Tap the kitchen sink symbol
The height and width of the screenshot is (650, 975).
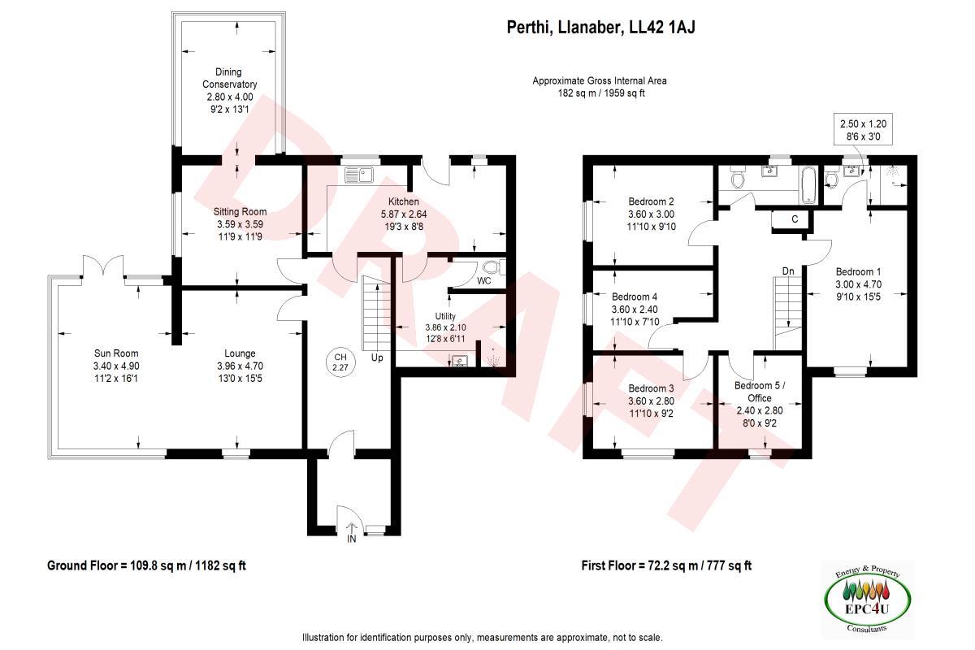click(358, 173)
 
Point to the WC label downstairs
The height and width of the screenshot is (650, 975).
click(484, 281)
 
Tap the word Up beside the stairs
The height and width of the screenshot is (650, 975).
click(377, 357)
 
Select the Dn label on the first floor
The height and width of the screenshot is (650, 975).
click(787, 271)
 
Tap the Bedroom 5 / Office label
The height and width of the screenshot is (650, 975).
click(759, 392)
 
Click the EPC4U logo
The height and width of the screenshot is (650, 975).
click(866, 599)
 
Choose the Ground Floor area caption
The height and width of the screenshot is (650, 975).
click(153, 565)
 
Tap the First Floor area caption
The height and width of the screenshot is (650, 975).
click(666, 565)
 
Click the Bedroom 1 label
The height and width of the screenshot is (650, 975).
click(858, 272)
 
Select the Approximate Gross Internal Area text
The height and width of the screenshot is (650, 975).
click(600, 81)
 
